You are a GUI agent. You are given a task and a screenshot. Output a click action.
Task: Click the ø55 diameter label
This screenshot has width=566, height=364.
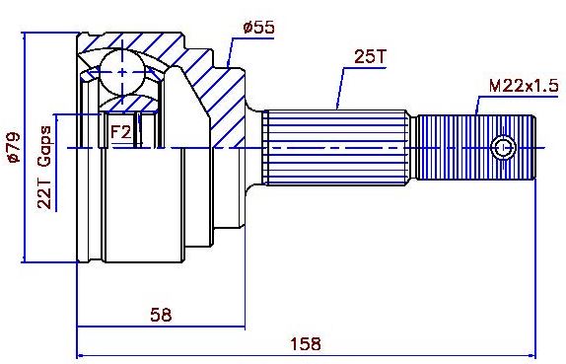pos(258,28)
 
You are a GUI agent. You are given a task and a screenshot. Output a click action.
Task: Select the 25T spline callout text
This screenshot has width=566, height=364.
pos(370,56)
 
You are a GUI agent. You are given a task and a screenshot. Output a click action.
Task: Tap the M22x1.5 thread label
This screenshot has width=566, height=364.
pos(524,86)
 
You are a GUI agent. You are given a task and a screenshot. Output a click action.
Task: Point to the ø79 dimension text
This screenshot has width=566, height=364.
pos(14,147)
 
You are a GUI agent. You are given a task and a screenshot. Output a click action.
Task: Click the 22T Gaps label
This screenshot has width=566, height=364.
pos(44,167)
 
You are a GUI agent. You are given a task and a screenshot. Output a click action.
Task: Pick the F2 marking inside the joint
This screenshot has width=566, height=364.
pos(120,132)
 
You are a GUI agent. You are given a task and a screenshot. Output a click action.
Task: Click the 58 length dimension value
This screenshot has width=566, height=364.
pos(161,315)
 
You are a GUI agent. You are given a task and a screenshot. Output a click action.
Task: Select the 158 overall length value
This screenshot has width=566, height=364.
pos(306,343)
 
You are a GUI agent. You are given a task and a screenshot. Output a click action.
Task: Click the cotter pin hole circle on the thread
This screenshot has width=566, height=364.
pos(503,147)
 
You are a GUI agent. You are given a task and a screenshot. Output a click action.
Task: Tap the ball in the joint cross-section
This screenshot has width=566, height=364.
pos(122,72)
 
